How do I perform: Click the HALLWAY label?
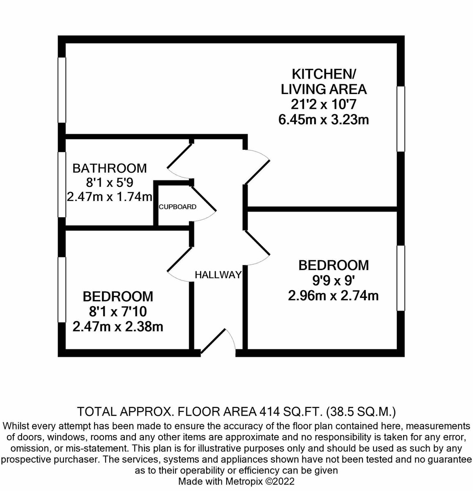point(218,275)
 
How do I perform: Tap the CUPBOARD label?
point(178,207)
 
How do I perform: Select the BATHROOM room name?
point(110,168)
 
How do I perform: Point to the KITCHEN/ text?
point(324,74)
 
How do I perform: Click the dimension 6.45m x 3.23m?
point(323,120)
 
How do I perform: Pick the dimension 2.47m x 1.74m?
point(110,197)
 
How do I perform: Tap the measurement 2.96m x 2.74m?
point(333,295)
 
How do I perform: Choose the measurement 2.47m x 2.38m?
point(118,327)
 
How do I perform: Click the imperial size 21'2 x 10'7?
point(323,104)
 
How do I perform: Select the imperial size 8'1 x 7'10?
point(118,311)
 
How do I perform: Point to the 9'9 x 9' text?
point(333,280)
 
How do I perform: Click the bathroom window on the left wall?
point(62,184)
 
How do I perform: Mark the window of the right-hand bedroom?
point(401,278)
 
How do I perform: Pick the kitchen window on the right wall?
point(401,119)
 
